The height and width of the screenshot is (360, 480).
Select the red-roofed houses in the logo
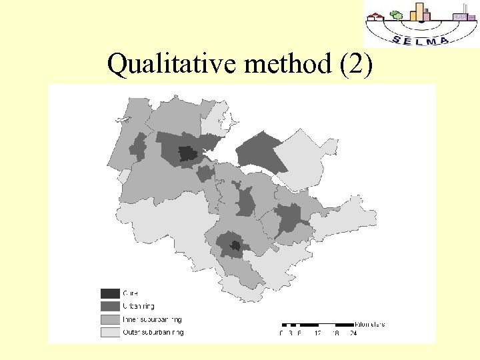[x=378, y=16]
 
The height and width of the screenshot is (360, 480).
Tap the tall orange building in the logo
[x=420, y=11]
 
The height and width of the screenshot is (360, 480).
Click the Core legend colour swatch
[x=110, y=293]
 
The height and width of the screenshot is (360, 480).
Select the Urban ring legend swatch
[x=110, y=306]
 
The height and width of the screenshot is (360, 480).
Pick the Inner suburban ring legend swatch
[x=110, y=319]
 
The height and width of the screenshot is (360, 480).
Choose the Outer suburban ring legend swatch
[x=110, y=331]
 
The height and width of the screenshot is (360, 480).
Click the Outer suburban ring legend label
[x=153, y=331]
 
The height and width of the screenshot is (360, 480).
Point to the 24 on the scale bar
[x=353, y=333]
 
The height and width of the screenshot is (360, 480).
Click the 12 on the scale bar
[x=318, y=333]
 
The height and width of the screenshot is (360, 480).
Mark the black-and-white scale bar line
[x=317, y=325]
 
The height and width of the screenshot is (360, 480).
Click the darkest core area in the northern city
[x=188, y=155]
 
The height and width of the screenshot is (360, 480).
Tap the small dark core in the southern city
[x=235, y=245]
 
